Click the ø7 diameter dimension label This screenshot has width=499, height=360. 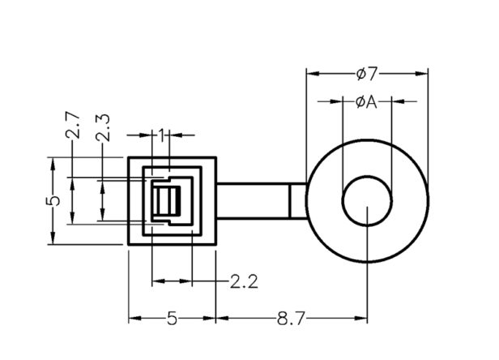367,75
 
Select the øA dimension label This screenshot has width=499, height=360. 367,102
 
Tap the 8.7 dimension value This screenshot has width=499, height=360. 290,319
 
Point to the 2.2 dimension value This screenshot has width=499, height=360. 244,281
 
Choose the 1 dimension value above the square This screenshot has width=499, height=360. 162,135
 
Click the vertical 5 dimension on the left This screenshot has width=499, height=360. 53,200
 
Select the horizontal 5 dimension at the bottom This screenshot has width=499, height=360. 172,319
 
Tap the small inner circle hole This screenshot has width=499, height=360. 367,204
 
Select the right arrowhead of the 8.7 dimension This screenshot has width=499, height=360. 362,319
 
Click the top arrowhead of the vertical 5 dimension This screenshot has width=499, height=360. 53,161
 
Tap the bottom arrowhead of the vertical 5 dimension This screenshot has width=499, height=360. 53,239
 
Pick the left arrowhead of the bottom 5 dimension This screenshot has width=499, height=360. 134,319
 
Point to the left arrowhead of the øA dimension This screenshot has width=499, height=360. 338,102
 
